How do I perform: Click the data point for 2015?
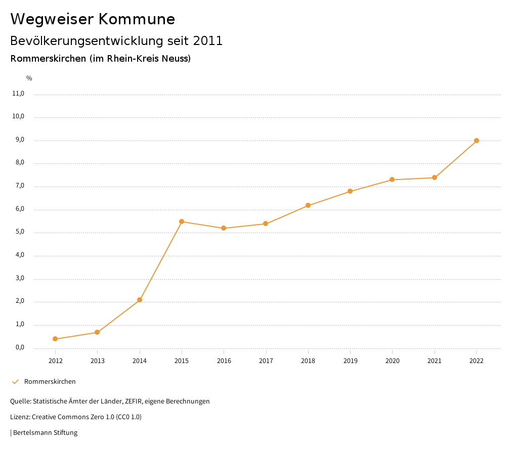coord(182,221)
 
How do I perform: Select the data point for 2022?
coord(477,141)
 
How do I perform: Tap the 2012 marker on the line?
coord(55,339)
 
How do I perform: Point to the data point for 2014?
coord(140,300)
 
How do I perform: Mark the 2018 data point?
coord(308,205)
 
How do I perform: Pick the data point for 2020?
coord(392,179)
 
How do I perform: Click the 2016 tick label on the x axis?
coord(224,361)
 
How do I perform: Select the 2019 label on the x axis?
coord(350,361)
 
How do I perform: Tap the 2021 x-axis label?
coord(435,361)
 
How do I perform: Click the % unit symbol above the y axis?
coord(29,78)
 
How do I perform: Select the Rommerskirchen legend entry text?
coord(50,381)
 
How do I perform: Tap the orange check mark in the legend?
coord(15,381)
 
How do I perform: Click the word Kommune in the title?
coord(137,19)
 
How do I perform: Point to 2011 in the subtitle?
coord(208,41)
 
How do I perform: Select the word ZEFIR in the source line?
coord(132,401)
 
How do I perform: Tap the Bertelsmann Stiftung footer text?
coord(45,433)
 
